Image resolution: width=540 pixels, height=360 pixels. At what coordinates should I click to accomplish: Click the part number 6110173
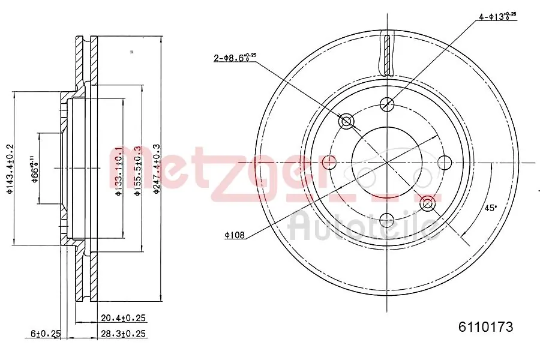[485, 328]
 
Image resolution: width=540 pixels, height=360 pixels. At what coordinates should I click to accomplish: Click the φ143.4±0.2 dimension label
[9, 169]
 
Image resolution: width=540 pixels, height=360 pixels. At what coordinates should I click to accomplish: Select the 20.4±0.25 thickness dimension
[124, 319]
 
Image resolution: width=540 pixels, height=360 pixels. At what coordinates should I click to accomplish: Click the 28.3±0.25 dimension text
[124, 333]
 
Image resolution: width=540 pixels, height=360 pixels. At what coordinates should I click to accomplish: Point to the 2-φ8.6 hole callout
[235, 58]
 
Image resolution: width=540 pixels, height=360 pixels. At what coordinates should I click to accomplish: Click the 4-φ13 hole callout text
[497, 16]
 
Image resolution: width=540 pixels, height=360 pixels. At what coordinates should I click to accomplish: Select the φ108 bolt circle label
[235, 236]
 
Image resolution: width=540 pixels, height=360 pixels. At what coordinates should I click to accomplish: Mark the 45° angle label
[491, 208]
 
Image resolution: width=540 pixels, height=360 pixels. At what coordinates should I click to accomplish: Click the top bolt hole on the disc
[387, 104]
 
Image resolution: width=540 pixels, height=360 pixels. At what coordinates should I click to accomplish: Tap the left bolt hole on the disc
[329, 162]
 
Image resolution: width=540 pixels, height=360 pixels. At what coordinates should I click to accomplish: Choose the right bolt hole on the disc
[445, 162]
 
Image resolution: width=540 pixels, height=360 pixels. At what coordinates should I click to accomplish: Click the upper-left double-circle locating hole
[346, 122]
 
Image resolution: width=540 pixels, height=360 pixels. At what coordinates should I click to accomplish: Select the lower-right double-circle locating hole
[428, 203]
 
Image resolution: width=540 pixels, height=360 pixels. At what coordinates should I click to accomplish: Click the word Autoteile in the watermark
[363, 227]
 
